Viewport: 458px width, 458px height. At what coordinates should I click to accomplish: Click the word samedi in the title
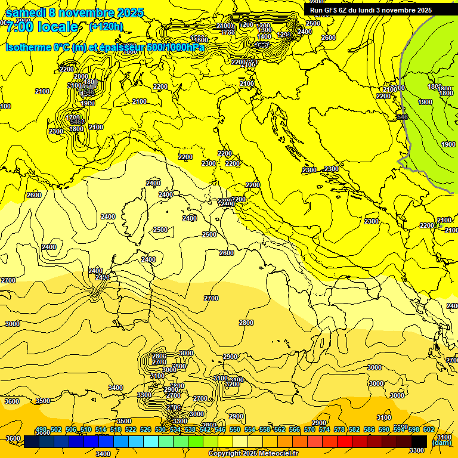26,13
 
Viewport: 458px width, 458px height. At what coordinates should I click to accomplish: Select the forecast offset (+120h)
106,26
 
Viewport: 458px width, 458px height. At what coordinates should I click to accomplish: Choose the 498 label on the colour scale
41,429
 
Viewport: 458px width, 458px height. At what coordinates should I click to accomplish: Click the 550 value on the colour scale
235,429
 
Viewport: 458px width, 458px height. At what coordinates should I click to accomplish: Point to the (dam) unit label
441,443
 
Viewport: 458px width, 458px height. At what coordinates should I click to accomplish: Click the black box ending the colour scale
419,441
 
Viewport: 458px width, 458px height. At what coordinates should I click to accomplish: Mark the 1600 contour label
200,40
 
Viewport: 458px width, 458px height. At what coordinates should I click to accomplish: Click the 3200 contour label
233,385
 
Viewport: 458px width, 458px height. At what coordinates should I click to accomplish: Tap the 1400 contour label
264,36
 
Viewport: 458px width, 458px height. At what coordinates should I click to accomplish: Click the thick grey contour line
403,89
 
